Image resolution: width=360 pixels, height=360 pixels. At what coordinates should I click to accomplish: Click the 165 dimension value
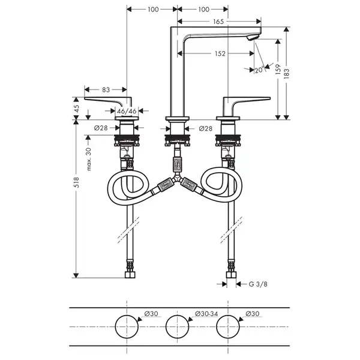click(x=218, y=22)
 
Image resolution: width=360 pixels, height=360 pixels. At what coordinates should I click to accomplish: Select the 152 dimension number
click(x=220, y=53)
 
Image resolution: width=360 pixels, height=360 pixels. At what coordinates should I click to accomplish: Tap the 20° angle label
click(x=259, y=70)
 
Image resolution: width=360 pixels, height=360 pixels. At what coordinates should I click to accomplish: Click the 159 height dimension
click(x=278, y=69)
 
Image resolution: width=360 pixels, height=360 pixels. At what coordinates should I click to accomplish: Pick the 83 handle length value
click(x=106, y=90)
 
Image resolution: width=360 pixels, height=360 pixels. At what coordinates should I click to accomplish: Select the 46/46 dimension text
click(x=127, y=112)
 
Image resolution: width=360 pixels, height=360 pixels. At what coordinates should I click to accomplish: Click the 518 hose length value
click(x=76, y=182)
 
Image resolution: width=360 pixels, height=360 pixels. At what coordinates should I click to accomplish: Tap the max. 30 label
click(x=89, y=159)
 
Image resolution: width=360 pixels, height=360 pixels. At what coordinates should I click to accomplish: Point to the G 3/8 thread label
click(x=258, y=284)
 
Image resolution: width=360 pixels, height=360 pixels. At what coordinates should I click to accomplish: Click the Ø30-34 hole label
click(x=206, y=314)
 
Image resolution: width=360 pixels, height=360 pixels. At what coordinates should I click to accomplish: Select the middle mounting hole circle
click(x=177, y=315)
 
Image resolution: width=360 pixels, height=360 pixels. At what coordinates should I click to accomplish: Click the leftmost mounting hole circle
click(x=127, y=315)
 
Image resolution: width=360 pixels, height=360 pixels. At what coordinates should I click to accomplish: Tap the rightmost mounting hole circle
click(x=228, y=315)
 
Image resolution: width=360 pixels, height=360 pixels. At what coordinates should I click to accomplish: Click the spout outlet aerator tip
click(x=253, y=38)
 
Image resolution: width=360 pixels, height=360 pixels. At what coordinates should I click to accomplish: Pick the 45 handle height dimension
click(x=76, y=108)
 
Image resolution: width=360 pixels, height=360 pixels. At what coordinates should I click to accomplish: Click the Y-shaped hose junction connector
click(x=177, y=178)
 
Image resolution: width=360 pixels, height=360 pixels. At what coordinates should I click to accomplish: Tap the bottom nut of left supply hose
click(x=130, y=275)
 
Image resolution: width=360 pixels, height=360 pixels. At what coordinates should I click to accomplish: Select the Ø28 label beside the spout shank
click(x=205, y=128)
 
